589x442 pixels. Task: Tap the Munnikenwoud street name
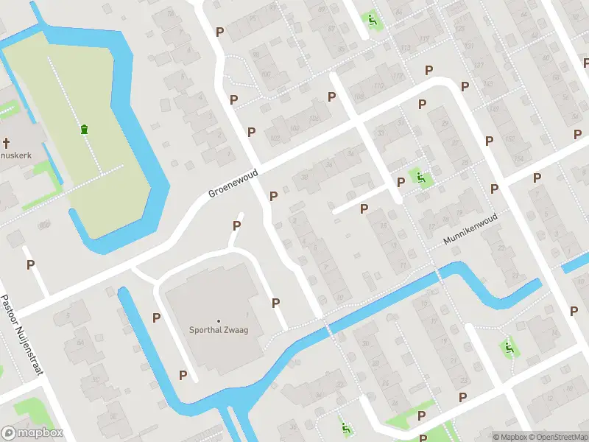tap(471, 230)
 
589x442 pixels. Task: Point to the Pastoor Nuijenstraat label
tap(21, 334)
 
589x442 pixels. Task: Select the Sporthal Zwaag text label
tap(218, 329)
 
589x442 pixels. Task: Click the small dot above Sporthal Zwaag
tap(218, 320)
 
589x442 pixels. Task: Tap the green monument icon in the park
tap(85, 129)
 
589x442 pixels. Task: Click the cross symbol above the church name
tap(4, 142)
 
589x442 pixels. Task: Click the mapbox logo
tap(32, 433)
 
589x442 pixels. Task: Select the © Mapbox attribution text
tap(509, 437)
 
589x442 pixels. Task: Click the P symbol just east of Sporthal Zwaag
tap(276, 302)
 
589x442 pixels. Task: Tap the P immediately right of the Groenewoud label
tap(274, 196)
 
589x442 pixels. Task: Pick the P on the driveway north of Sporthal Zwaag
tap(237, 225)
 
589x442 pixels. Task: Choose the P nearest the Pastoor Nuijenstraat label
tap(31, 264)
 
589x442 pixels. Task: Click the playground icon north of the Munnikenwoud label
tap(420, 177)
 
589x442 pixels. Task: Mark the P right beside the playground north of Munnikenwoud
tap(401, 182)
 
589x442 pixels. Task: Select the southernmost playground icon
tap(346, 427)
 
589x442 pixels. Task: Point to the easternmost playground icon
tap(508, 347)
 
